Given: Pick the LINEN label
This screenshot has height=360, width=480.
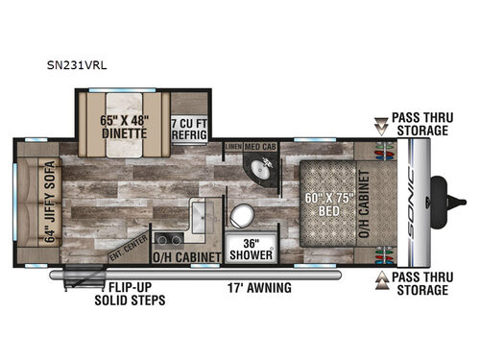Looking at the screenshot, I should click(234, 147).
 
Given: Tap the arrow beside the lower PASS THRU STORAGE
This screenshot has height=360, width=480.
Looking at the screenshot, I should click(382, 276).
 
